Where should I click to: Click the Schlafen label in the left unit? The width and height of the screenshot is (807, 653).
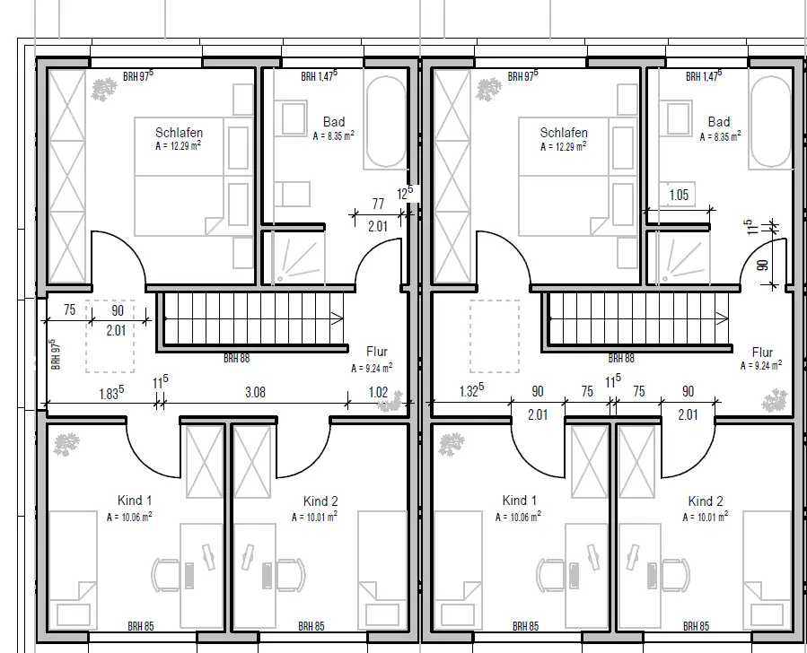coord(180,133)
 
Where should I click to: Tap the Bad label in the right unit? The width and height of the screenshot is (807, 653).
coord(719,122)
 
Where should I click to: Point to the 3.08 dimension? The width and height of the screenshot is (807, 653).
coord(255,392)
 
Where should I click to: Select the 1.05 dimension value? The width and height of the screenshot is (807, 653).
coord(679,195)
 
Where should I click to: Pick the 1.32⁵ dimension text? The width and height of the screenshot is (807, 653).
coord(471,391)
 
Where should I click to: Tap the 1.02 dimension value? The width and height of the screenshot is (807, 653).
coord(378,392)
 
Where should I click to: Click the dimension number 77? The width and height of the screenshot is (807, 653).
coord(378,205)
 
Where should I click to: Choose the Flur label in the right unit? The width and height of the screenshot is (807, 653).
coord(762,353)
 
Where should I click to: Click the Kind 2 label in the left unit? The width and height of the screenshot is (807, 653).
coord(320,501)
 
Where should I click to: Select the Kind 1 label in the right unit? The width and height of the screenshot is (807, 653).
coord(520,501)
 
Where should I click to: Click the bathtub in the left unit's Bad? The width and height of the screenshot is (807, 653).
coord(386,122)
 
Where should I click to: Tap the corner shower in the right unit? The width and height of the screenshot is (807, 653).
coord(679,257)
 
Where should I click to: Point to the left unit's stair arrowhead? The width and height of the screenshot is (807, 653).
coord(338,318)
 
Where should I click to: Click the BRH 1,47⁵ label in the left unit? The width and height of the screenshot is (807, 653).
coord(320,75)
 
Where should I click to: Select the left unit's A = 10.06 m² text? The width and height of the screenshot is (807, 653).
coord(129,517)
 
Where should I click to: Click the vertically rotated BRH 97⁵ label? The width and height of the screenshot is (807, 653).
coord(56,353)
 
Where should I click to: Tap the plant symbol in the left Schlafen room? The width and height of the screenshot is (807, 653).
coord(104,89)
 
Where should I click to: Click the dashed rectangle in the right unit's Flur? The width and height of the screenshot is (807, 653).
coord(494,336)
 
